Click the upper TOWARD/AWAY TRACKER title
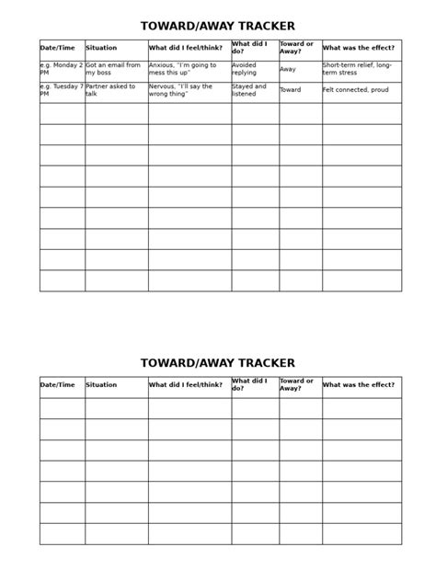tap(218, 27)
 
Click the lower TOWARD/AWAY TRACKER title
tap(218, 363)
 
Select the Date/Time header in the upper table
tap(58, 48)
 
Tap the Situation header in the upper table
tap(101, 48)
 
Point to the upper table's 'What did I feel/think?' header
tap(186, 48)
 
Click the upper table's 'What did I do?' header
tap(249, 48)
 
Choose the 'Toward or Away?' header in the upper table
tap(297, 48)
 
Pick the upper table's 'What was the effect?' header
tap(359, 48)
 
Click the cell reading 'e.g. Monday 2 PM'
tap(62, 69)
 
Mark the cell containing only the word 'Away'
tap(288, 69)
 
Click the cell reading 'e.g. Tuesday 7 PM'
tap(62, 90)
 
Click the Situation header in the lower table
tap(101, 385)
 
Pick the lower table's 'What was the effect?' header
tap(359, 385)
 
